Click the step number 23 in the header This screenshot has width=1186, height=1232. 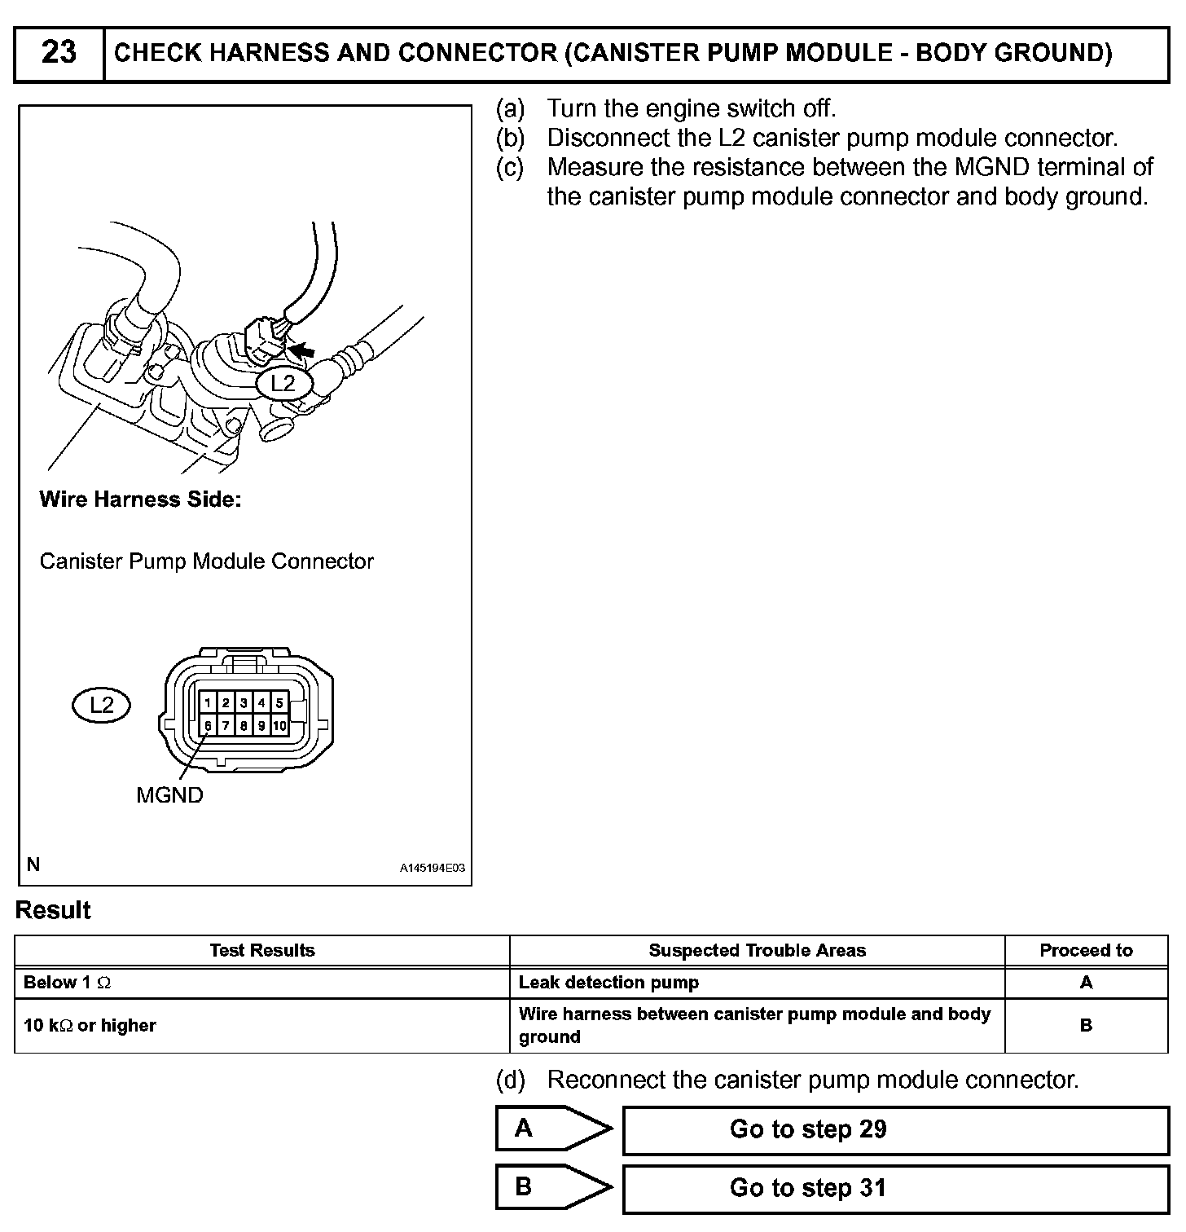click(59, 53)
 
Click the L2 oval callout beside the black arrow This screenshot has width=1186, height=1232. click(283, 383)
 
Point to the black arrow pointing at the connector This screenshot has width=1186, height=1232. click(302, 350)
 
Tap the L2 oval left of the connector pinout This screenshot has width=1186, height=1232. click(101, 705)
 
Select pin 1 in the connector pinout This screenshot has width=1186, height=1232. click(209, 703)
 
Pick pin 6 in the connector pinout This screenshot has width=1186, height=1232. click(209, 725)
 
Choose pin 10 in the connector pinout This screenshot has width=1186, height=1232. click(279, 725)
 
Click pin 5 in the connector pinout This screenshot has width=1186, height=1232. click(279, 703)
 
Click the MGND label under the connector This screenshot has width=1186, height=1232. click(169, 795)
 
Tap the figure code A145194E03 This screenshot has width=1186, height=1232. click(432, 869)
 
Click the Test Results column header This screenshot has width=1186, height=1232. click(262, 951)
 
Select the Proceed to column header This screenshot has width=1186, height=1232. click(1086, 951)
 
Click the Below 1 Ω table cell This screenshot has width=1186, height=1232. click(68, 983)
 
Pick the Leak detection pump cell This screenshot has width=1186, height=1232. click(608, 983)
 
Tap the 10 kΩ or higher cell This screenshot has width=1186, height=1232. click(90, 1026)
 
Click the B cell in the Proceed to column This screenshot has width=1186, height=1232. click(1086, 1026)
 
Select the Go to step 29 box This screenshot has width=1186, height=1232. click(894, 1129)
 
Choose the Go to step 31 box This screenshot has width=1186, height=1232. click(894, 1188)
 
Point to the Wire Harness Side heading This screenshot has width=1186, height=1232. click(140, 499)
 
